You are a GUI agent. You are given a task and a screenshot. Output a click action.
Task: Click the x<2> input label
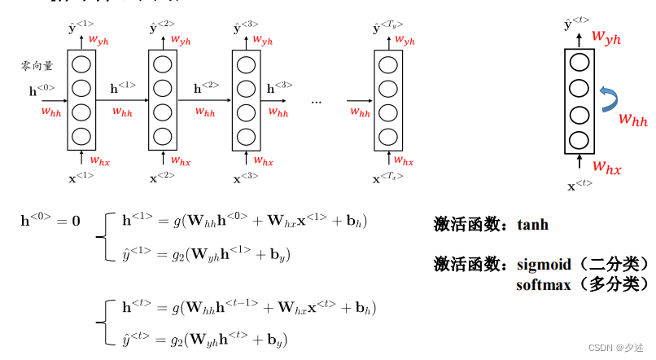(x=162, y=176)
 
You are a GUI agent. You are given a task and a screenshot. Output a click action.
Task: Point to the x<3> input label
(x=246, y=176)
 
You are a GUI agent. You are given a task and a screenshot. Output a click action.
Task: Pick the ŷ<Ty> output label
(x=387, y=29)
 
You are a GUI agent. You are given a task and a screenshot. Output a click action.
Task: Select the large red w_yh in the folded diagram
(x=607, y=36)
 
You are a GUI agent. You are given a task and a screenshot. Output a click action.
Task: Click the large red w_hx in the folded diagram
(x=606, y=168)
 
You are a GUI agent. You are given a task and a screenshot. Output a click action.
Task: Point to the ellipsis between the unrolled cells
(x=317, y=101)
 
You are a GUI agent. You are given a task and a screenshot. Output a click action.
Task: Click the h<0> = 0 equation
(x=50, y=221)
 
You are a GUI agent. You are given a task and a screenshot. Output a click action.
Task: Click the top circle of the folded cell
(x=579, y=61)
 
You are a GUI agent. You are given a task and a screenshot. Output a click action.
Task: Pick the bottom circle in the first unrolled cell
(x=81, y=135)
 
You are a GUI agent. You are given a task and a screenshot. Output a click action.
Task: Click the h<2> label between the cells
(x=206, y=84)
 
